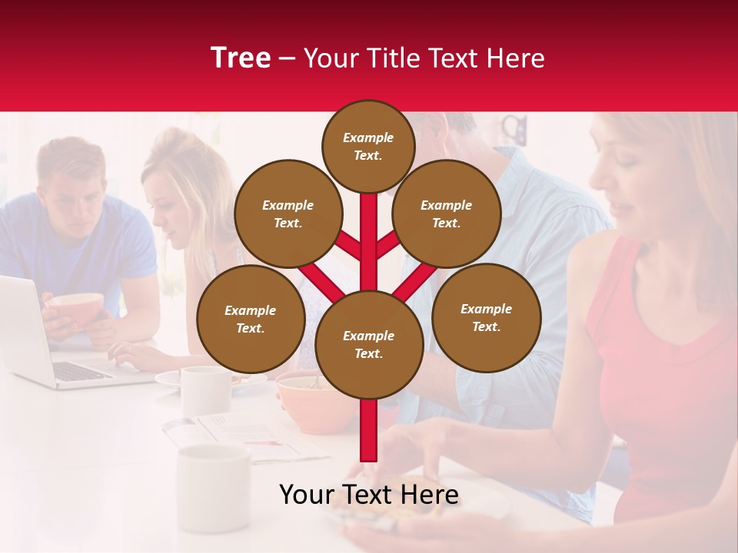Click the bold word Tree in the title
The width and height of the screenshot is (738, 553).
pos(241,58)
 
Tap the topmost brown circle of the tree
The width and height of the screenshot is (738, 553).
pos(368,146)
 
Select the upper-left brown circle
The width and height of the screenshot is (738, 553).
pos(288,214)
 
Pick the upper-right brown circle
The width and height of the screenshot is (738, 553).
pos(446,214)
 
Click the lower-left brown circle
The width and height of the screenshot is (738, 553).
pos(250,319)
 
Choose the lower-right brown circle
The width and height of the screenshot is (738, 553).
pos(486,317)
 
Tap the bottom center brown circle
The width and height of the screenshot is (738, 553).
pos(368,344)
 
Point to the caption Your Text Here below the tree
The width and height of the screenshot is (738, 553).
pos(368,495)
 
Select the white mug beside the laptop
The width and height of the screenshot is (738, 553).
pos(204,388)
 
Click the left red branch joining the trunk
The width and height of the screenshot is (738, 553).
pos(323,280)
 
